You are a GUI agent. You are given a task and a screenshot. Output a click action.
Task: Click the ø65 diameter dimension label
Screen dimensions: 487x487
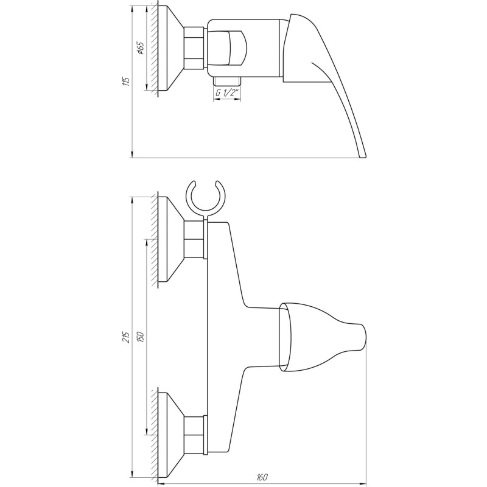point(139,49)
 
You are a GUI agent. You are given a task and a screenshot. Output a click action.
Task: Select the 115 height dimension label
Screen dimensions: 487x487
point(126,82)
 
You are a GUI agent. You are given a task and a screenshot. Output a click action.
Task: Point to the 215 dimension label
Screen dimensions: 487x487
point(126,337)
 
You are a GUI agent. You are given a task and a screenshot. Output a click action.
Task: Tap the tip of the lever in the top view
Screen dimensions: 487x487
point(363,155)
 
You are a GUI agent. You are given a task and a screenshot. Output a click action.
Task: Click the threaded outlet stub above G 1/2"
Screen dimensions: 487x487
point(226,81)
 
